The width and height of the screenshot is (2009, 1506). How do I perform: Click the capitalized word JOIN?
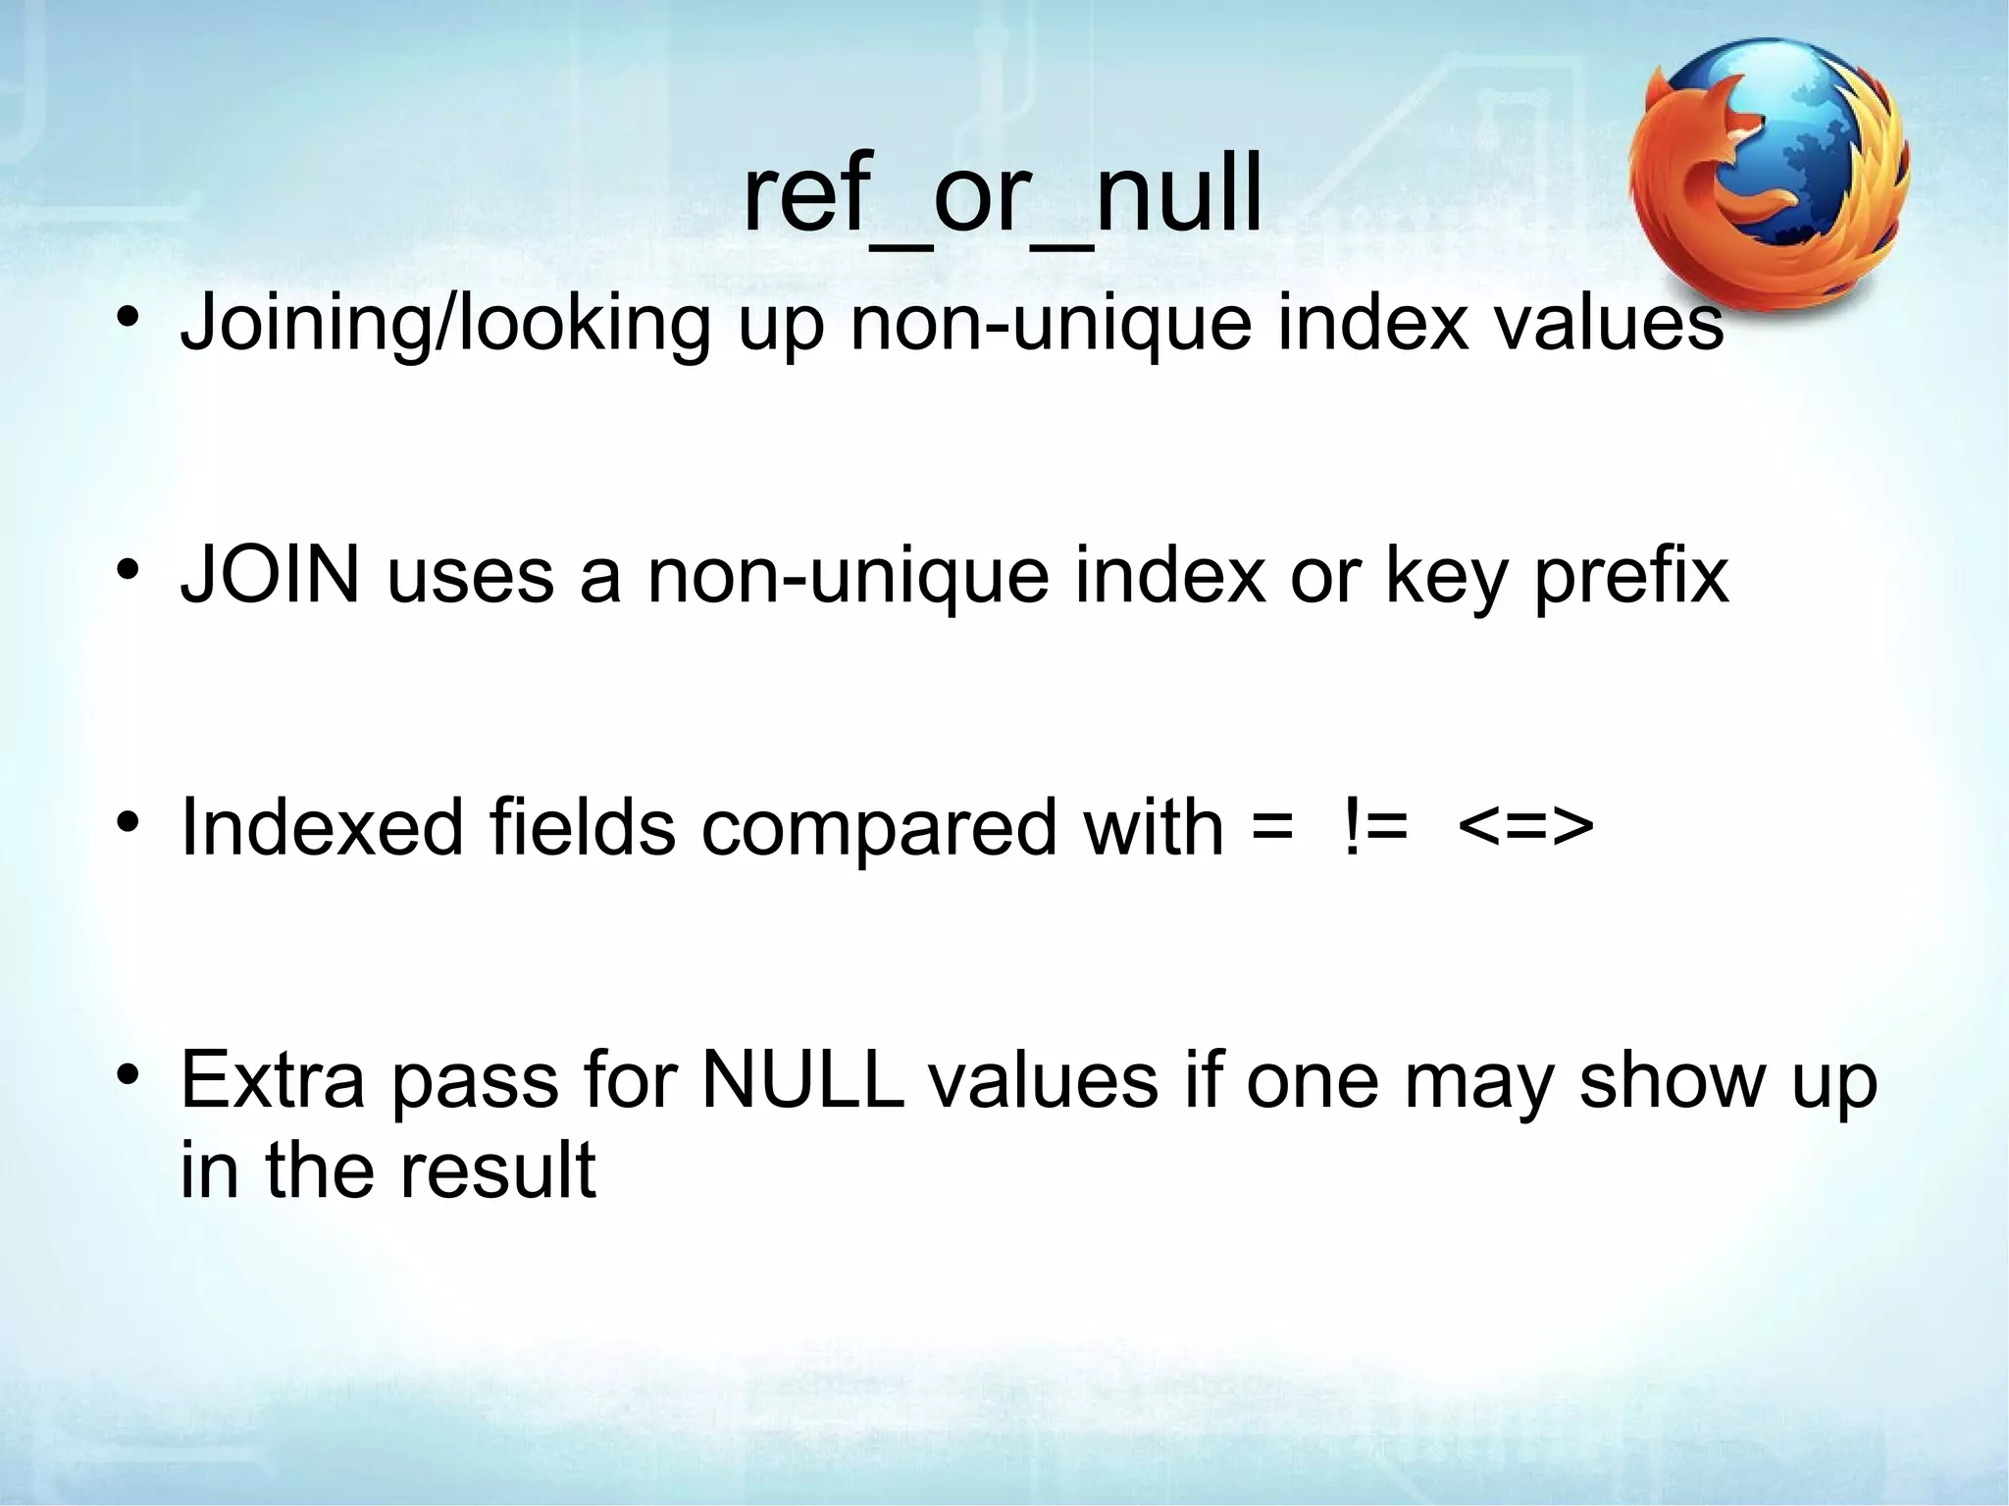pyautogui.click(x=271, y=576)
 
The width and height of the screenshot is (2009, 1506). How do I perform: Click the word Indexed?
pyautogui.click(x=322, y=827)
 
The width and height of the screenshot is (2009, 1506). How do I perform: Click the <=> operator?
pyautogui.click(x=1525, y=827)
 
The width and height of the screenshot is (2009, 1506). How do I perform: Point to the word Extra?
pyautogui.click(x=273, y=1079)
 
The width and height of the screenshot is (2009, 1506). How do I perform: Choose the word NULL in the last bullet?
pyautogui.click(x=802, y=1079)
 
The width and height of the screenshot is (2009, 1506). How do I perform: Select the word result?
pyautogui.click(x=497, y=1169)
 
